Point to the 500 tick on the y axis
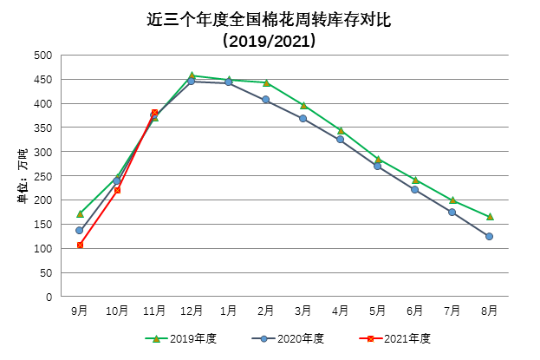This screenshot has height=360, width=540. point(42,56)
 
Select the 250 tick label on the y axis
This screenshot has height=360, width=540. point(42,176)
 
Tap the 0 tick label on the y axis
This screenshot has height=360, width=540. point(49,297)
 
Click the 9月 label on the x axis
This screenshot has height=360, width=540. point(80,311)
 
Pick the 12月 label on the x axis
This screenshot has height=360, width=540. point(192,311)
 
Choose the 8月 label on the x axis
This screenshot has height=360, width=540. point(490,311)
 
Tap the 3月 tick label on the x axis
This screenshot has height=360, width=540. point(303,311)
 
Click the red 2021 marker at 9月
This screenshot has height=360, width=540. point(80,245)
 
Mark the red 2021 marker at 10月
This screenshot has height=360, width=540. point(117,190)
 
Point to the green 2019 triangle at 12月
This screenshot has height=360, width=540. point(192,75)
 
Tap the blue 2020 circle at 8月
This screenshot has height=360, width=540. point(490,236)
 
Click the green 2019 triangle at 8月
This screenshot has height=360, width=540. point(490,217)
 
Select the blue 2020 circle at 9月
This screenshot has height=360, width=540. point(80,230)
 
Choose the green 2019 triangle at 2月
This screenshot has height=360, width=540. point(266,82)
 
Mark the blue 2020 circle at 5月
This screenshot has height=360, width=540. point(378,166)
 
